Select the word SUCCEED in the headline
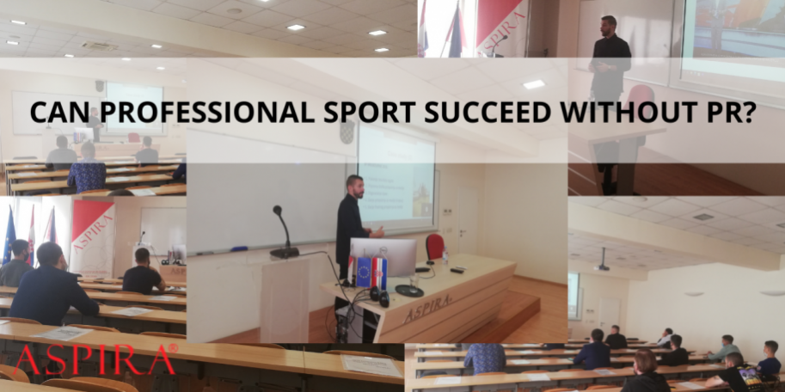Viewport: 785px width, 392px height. point(452,112)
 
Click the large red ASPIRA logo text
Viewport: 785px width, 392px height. point(95,360)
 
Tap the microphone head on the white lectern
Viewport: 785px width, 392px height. point(278,211)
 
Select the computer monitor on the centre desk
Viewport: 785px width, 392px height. point(383,255)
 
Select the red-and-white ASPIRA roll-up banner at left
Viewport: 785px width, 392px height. point(93,236)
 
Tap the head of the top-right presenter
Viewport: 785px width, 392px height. point(609,23)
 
